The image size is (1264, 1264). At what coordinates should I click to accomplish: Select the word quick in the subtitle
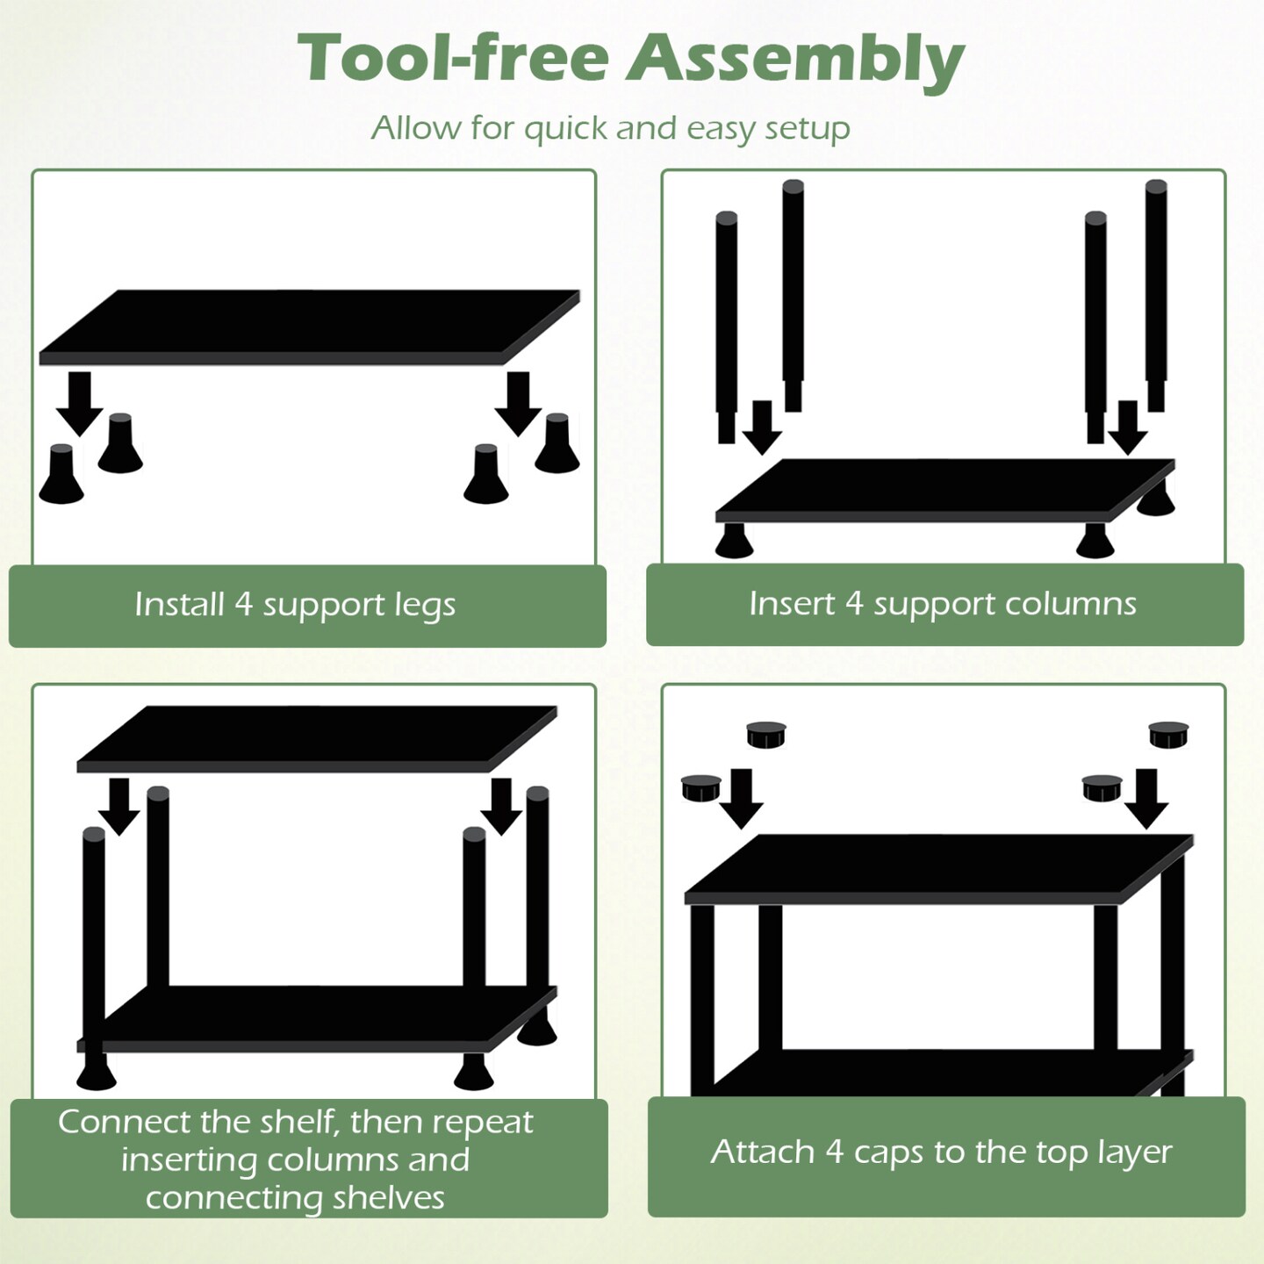click(x=566, y=129)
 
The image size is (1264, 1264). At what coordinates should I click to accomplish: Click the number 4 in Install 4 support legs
click(x=243, y=603)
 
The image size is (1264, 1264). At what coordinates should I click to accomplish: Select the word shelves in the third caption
click(x=388, y=1198)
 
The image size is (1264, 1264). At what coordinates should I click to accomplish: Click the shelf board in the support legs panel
click(x=310, y=327)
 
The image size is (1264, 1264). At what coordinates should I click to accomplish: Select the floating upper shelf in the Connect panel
click(x=317, y=738)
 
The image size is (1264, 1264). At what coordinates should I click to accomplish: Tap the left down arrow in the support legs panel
click(x=79, y=404)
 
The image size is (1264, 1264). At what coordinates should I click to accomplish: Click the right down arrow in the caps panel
click(x=1146, y=799)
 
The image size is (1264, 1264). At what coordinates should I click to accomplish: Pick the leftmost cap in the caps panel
click(x=701, y=788)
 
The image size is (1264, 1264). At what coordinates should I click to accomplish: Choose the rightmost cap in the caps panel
click(x=1169, y=734)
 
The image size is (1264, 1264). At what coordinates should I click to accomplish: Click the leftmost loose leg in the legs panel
click(x=61, y=474)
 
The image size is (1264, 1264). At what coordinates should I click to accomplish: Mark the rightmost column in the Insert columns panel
click(x=1156, y=296)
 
